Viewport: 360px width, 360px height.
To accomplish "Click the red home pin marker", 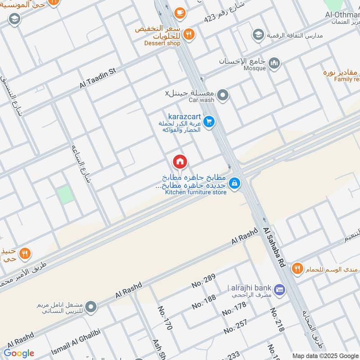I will pyautogui.click(x=180, y=161).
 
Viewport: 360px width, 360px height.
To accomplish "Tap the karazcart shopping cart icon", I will pyautogui.click(x=208, y=121).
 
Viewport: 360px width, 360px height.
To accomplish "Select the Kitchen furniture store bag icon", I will pyautogui.click(x=234, y=183).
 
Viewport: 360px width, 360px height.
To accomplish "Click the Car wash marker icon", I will pyautogui.click(x=222, y=95).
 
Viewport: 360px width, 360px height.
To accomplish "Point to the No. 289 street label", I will pyautogui.click(x=203, y=280).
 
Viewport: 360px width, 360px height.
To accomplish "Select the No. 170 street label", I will pyautogui.click(x=165, y=318).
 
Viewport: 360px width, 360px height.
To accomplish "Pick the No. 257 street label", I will pyautogui.click(x=235, y=326).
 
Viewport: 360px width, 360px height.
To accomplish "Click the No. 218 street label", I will pyautogui.click(x=277, y=320).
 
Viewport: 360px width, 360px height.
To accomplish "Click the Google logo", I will pyautogui.click(x=19, y=353).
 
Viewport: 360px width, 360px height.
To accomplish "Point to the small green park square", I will pyautogui.click(x=65, y=195).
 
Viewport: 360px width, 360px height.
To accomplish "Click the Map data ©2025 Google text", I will pyautogui.click(x=325, y=355).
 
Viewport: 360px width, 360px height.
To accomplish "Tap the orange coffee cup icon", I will pyautogui.click(x=180, y=13).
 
